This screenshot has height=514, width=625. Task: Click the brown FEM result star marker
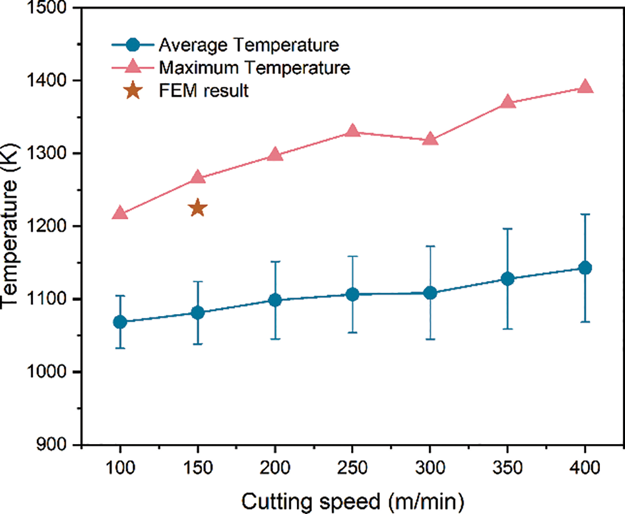click(197, 209)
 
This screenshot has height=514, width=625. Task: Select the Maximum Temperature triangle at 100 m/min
click(120, 214)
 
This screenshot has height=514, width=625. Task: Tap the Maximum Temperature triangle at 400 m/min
click(585, 87)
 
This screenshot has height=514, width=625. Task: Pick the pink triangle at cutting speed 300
click(430, 139)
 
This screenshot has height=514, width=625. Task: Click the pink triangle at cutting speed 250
click(352, 131)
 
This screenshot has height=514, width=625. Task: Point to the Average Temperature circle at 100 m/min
click(120, 322)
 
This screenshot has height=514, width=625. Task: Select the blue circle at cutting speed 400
click(585, 268)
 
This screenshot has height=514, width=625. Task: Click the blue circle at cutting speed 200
click(275, 300)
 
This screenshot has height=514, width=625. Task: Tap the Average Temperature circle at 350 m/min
click(507, 279)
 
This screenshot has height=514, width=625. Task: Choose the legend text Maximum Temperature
click(254, 67)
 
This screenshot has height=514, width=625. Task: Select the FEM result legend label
click(204, 91)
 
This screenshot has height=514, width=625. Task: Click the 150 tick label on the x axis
click(197, 467)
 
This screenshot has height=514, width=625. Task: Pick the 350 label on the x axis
click(507, 467)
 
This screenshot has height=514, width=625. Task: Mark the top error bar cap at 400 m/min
click(585, 214)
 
